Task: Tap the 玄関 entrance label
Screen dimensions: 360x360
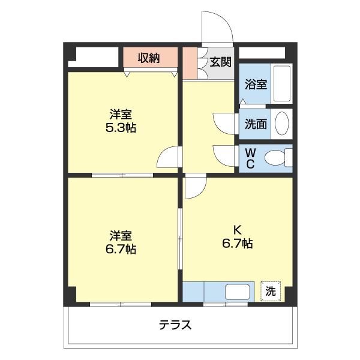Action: [221, 61]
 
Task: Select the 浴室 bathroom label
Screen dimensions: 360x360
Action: [256, 84]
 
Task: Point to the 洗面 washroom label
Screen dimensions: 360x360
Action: [256, 124]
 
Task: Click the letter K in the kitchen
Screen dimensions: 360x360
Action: [237, 229]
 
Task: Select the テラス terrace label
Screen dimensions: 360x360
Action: [175, 325]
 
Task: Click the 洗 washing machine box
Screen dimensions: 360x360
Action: [271, 292]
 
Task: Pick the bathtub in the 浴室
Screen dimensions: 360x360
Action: [281, 83]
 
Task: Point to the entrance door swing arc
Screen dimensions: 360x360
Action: [216, 24]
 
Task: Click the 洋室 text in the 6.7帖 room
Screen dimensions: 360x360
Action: [121, 235]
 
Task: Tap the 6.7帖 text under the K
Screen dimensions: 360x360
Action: [238, 243]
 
